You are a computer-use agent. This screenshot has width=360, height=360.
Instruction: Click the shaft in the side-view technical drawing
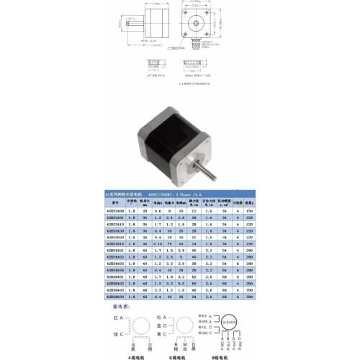point(133,25)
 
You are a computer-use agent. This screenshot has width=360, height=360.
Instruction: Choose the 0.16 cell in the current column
point(156,245)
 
